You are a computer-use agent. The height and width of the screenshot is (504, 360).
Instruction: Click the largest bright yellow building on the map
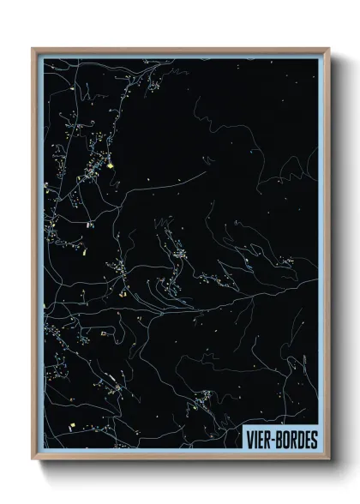(110, 165)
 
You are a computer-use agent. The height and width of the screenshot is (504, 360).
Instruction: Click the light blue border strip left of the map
(39, 257)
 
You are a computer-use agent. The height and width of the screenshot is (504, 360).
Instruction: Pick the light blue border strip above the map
(180, 54)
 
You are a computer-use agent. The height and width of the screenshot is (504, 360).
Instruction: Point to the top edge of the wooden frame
(180, 49)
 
